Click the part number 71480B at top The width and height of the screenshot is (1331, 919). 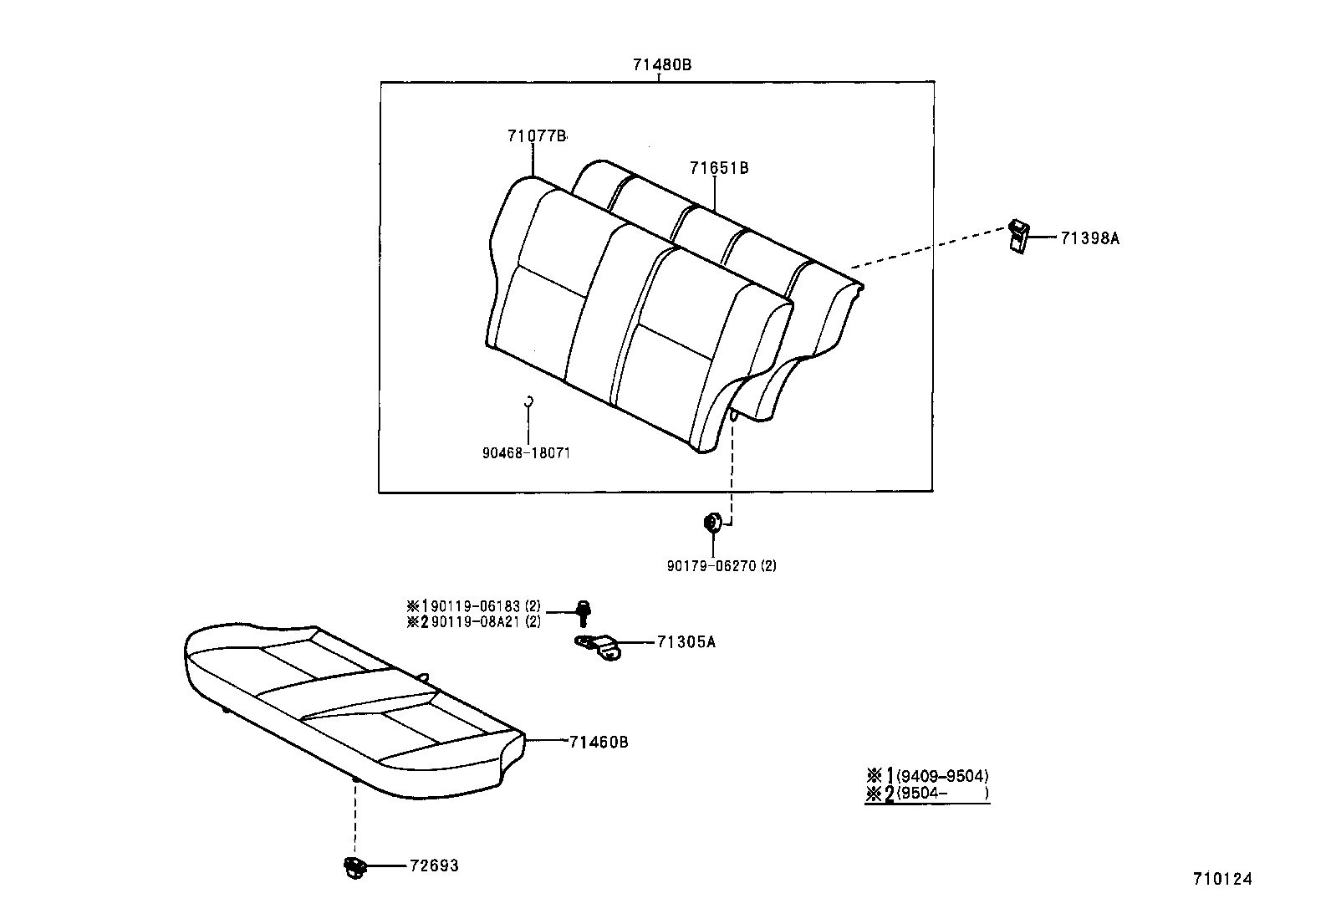[662, 64]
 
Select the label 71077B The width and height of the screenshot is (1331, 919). [536, 135]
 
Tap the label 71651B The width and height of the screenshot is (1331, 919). [718, 168]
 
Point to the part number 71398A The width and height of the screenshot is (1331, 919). [1089, 238]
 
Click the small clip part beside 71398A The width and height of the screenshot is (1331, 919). [1018, 236]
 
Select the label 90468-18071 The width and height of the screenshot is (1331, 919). [526, 452]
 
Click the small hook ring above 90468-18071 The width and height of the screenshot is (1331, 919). [528, 401]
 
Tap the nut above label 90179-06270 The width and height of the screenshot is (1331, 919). [711, 523]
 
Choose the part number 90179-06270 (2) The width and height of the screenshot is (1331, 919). [722, 566]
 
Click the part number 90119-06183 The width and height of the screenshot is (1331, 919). [476, 606]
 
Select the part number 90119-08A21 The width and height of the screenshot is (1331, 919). [476, 621]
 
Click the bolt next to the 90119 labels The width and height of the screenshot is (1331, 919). [584, 613]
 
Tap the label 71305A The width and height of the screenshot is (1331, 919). [686, 642]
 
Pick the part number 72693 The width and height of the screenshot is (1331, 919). [433, 866]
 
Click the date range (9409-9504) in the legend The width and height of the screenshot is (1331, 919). [942, 776]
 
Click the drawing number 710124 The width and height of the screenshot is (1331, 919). [1221, 879]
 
